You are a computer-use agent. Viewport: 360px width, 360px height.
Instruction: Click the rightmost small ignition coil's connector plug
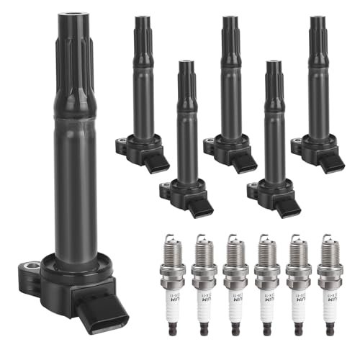[x=331, y=162]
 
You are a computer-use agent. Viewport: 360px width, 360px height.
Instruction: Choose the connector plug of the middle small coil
[x=243, y=163]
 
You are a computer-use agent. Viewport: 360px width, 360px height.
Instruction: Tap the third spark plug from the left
[x=236, y=288]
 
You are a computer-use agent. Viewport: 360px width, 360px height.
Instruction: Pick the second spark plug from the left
[x=205, y=288]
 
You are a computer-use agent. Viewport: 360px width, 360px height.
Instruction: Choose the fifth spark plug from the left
[x=298, y=288]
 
